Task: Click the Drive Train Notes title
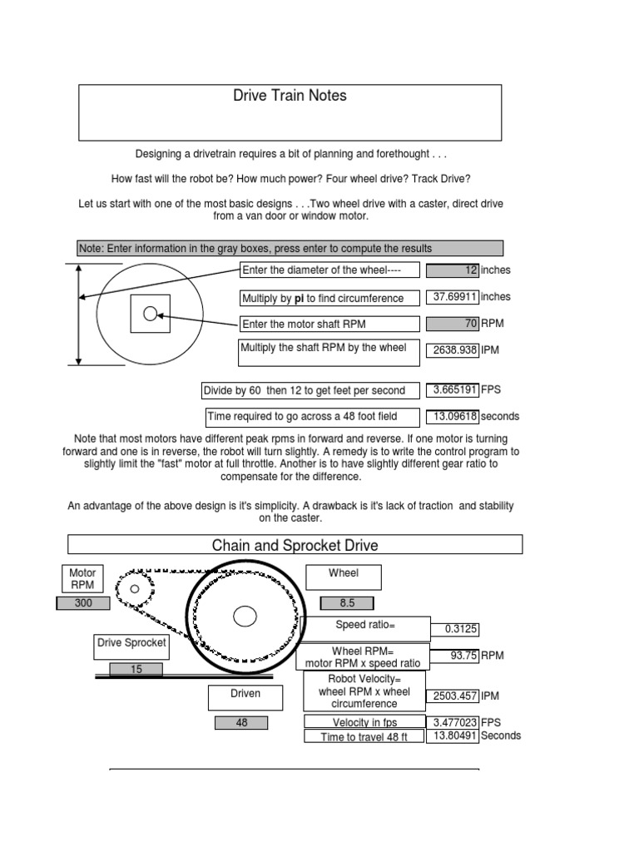tap(290, 96)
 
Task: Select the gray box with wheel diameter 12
tap(453, 270)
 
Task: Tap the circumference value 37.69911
tap(453, 297)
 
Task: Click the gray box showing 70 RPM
tap(453, 324)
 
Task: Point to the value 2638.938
tap(453, 350)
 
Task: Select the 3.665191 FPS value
tap(453, 389)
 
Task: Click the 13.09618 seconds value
tap(453, 416)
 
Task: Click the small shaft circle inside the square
tap(150, 314)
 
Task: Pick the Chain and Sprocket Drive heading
tap(295, 545)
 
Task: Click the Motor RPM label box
tap(82, 578)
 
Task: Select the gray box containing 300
tap(83, 603)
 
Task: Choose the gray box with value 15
tap(136, 669)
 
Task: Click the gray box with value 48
tap(241, 723)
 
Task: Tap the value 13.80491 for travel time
tap(453, 736)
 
